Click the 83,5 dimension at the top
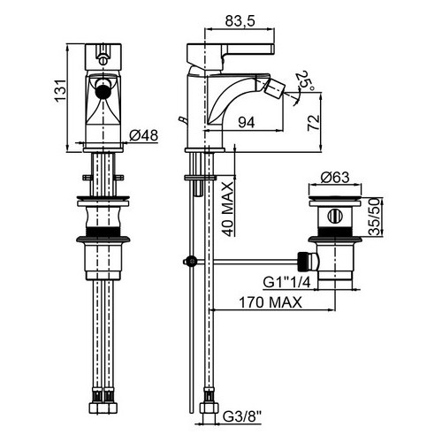coord(240,21)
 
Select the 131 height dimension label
coord(61,91)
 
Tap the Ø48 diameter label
coord(143,135)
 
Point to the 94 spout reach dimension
coord(247,122)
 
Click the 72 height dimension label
coord(313,123)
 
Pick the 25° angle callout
coord(305,80)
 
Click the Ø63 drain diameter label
coord(335,178)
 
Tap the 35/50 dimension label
coord(374,217)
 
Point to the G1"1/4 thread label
coord(286,282)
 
